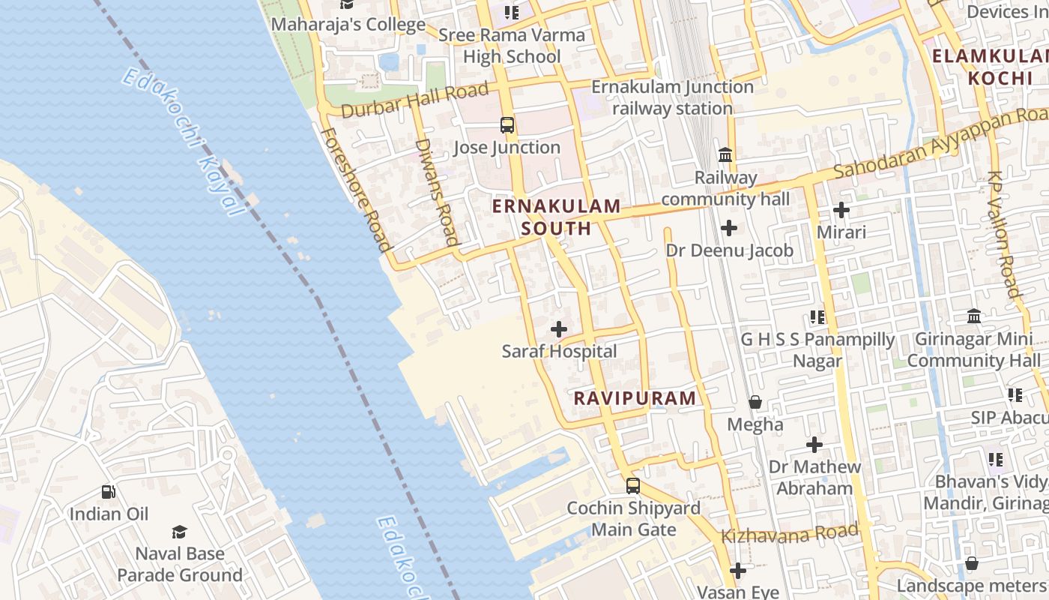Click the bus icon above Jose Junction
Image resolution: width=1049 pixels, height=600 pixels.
pos(507,125)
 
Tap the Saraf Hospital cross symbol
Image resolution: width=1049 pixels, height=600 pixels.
pos(559,329)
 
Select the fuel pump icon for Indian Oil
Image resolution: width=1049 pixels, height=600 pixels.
pos(109,492)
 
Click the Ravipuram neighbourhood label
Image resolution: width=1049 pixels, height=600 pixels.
pos(635,398)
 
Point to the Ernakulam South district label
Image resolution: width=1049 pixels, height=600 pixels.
pos(557,217)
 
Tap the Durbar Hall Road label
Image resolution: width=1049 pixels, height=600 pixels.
pos(414,100)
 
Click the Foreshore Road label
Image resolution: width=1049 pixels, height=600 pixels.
pos(357,189)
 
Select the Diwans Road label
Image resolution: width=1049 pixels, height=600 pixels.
pos(436,192)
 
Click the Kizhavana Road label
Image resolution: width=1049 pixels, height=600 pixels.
pos(790,534)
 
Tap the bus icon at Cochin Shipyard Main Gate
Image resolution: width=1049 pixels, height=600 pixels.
pos(633,486)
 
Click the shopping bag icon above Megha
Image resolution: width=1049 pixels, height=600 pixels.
pos(755,403)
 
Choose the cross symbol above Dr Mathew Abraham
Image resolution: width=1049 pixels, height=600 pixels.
pos(814,445)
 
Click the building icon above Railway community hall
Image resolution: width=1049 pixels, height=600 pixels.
pos(725,155)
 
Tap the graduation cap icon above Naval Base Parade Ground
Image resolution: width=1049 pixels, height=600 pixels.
pos(179,532)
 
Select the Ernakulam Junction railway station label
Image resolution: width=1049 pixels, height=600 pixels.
pos(672,97)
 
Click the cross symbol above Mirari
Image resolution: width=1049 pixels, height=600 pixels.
pos(841,210)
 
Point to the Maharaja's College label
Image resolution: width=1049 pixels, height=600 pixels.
pos(348,24)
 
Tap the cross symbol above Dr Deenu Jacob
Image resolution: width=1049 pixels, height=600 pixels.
pos(729,228)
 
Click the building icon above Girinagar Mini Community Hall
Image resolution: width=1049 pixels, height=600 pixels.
pos(974,316)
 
